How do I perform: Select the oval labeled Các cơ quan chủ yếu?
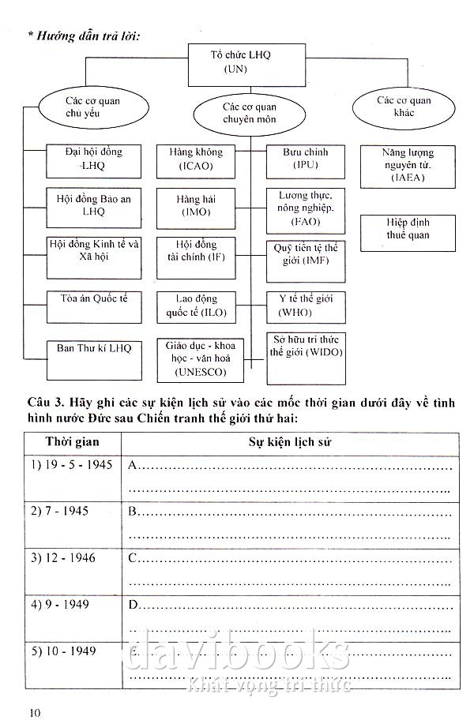(83, 107)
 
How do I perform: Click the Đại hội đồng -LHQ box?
(84, 159)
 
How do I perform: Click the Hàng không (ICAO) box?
(196, 159)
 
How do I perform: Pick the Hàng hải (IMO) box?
(196, 206)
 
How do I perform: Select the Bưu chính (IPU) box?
(305, 159)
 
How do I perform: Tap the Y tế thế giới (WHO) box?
(305, 306)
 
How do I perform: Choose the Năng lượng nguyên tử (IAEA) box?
(408, 165)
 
